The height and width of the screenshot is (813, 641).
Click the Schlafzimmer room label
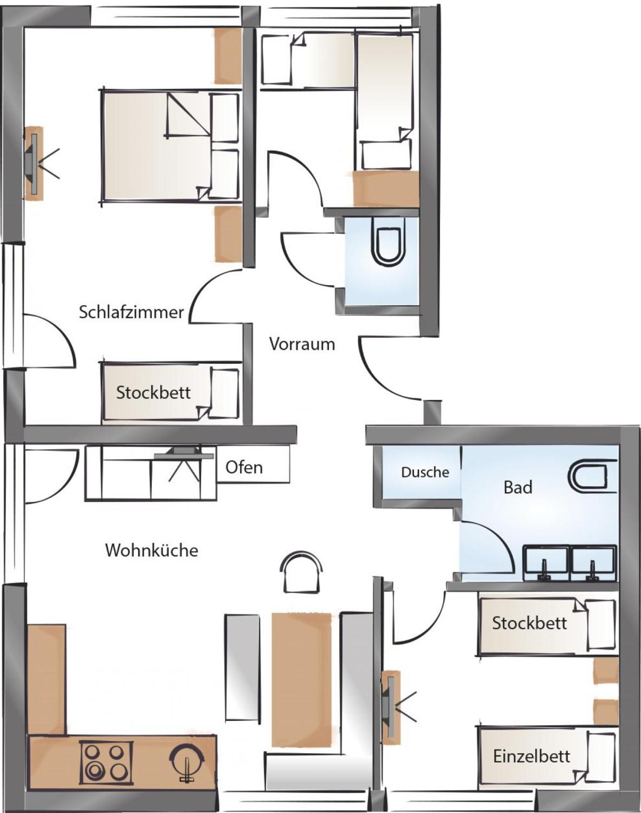click(131, 312)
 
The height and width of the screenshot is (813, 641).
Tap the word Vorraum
click(302, 344)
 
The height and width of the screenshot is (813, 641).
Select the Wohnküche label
click(152, 550)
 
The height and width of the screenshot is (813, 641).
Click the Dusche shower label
click(425, 472)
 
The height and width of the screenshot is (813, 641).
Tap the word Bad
click(518, 487)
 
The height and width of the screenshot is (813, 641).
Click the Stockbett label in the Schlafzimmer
click(153, 392)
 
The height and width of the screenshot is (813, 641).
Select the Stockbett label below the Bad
click(529, 623)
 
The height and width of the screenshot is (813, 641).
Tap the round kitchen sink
click(187, 759)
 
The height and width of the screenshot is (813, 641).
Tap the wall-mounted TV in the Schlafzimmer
click(34, 163)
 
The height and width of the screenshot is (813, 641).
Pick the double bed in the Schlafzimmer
click(170, 145)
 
